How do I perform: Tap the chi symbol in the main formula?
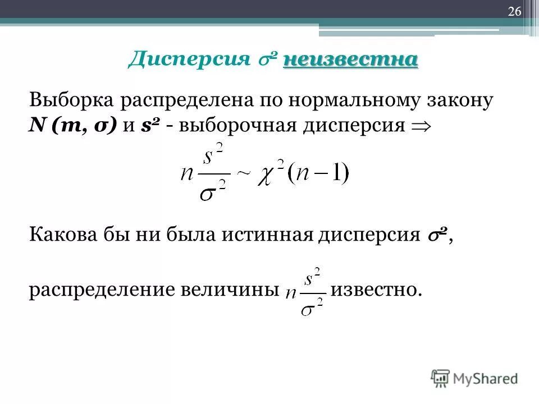click(268, 172)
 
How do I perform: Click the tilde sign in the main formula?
click(243, 172)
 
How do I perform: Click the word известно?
click(375, 290)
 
